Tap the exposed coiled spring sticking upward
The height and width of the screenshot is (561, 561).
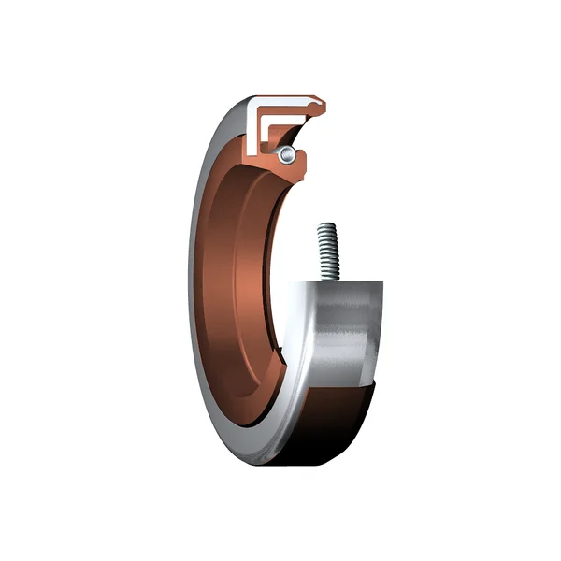(326, 251)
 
